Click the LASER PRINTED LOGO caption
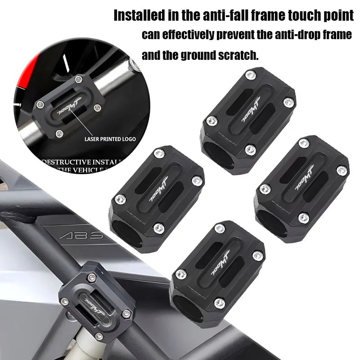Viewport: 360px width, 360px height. tap(110, 139)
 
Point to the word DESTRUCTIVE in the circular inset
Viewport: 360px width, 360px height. tap(67, 162)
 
